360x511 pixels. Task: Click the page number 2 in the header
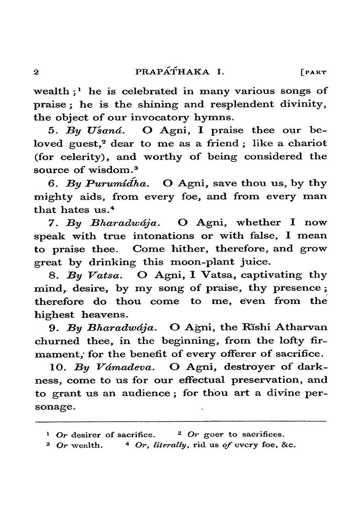(36, 72)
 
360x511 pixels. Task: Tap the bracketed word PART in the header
(314, 72)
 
